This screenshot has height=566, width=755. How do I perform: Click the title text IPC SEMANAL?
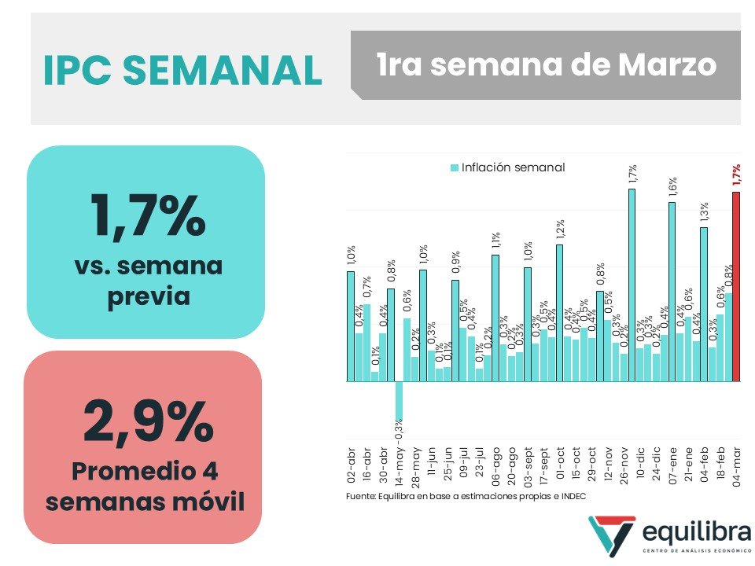(182, 71)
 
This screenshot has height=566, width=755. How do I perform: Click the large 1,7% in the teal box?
(147, 215)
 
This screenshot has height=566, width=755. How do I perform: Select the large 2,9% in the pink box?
(147, 422)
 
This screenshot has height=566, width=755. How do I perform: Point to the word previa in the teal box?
(147, 296)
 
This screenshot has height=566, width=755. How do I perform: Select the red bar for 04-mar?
(736, 287)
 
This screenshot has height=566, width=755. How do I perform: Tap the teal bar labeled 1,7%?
(632, 285)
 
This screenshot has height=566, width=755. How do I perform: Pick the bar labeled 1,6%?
(672, 292)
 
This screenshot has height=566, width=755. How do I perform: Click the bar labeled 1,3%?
(704, 304)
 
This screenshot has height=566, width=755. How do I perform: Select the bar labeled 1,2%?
(559, 313)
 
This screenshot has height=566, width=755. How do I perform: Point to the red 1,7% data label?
(736, 175)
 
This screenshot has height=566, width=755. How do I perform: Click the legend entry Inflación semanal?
(507, 167)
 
